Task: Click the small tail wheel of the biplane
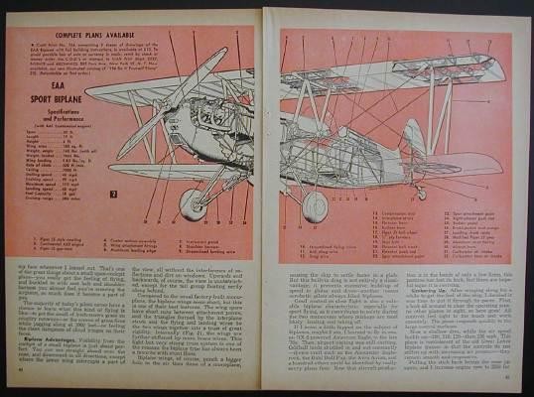click(x=422, y=194)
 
